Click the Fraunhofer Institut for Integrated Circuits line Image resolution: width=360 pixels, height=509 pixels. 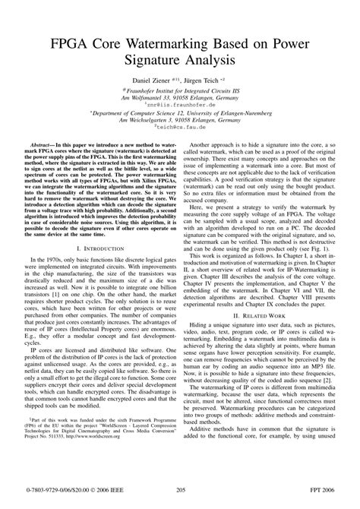[181, 90]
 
